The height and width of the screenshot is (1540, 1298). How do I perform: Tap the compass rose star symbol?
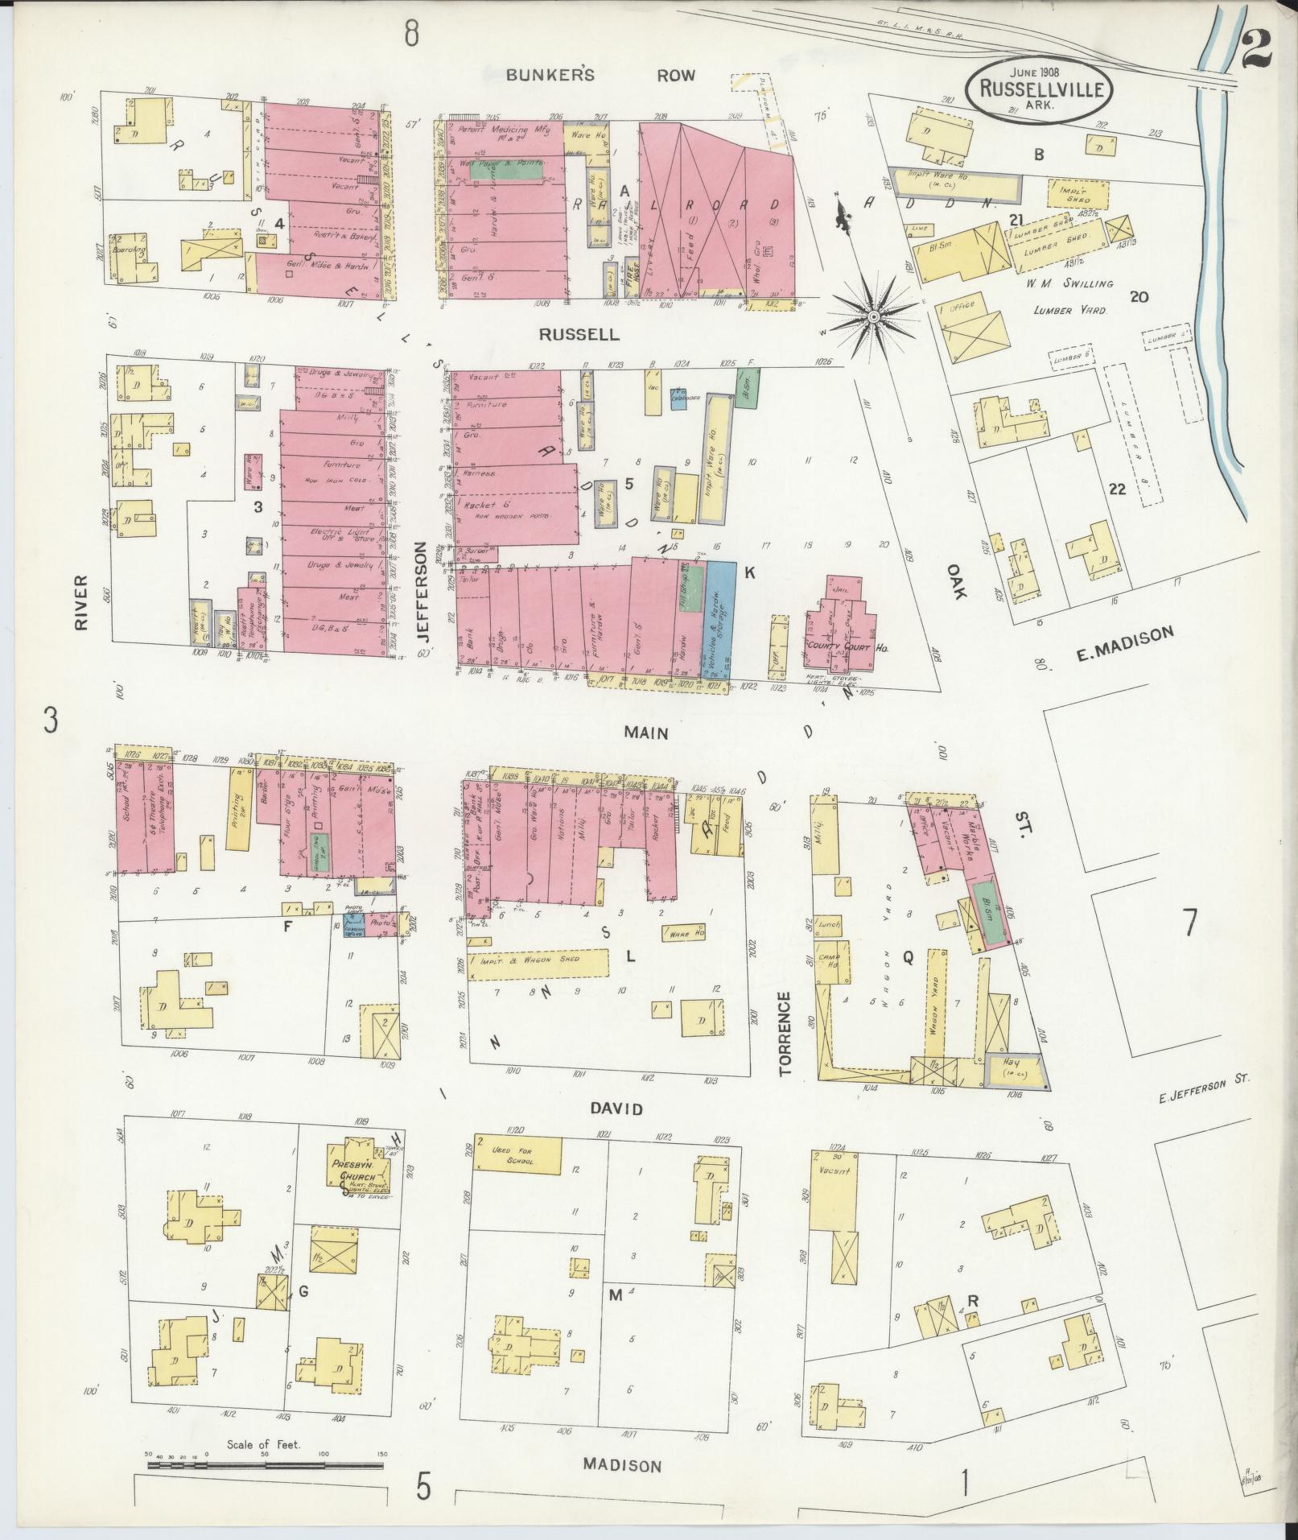872,317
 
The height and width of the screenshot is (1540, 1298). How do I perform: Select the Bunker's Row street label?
600,75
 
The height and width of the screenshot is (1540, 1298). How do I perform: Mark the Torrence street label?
785,1034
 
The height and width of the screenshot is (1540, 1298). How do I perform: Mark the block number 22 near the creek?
1116,488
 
